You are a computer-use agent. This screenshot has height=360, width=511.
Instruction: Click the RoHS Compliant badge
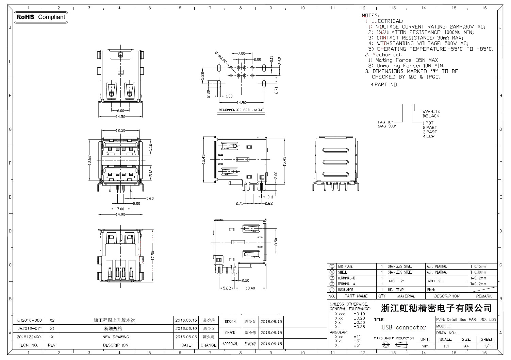pos(41,17)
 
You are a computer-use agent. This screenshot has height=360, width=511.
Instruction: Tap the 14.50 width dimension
pos(120,117)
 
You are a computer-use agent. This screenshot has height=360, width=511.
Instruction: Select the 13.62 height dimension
pos(89,160)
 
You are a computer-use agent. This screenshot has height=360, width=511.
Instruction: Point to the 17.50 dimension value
pos(153,256)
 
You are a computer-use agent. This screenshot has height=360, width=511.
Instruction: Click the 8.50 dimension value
pos(276,242)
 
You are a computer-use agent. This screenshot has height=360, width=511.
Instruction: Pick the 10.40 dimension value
pos(250,288)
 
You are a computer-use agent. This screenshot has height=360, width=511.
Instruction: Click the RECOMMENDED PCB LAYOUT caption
pos(241,110)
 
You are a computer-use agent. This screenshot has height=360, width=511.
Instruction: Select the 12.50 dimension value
pos(120,131)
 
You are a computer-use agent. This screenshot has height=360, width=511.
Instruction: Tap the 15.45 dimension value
pos(204,159)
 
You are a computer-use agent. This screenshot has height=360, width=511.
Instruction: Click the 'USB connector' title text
pos(404,328)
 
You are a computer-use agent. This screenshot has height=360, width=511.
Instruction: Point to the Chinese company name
pos(436,308)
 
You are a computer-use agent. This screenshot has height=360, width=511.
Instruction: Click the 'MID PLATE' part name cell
pos(345,267)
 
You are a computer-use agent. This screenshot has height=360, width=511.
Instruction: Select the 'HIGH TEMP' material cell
pos(396,290)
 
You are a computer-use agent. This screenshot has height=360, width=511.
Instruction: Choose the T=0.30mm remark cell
pos(478,272)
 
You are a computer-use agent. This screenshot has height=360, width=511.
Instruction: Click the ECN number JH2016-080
pos(30,320)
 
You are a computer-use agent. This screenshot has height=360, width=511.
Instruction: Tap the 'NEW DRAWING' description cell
pos(116,337)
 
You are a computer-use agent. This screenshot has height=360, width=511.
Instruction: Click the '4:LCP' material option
pos(429,136)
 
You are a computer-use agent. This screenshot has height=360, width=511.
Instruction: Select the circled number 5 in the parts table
pos(332,267)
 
